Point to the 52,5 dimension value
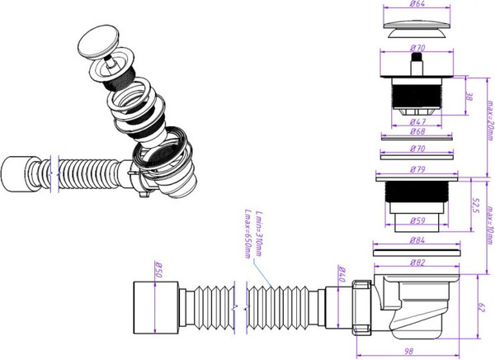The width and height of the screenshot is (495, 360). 475,204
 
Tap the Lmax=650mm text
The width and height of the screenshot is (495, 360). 247,234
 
